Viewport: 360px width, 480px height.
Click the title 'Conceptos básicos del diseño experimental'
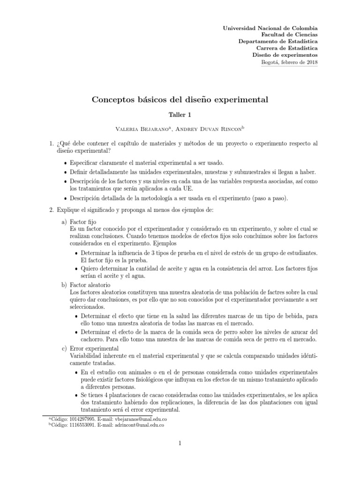[180, 100]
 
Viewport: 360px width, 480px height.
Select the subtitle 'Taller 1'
[180, 114]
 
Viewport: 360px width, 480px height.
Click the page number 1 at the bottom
[180, 442]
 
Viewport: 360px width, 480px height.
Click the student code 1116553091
[78, 425]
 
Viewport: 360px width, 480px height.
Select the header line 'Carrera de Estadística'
[287, 48]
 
